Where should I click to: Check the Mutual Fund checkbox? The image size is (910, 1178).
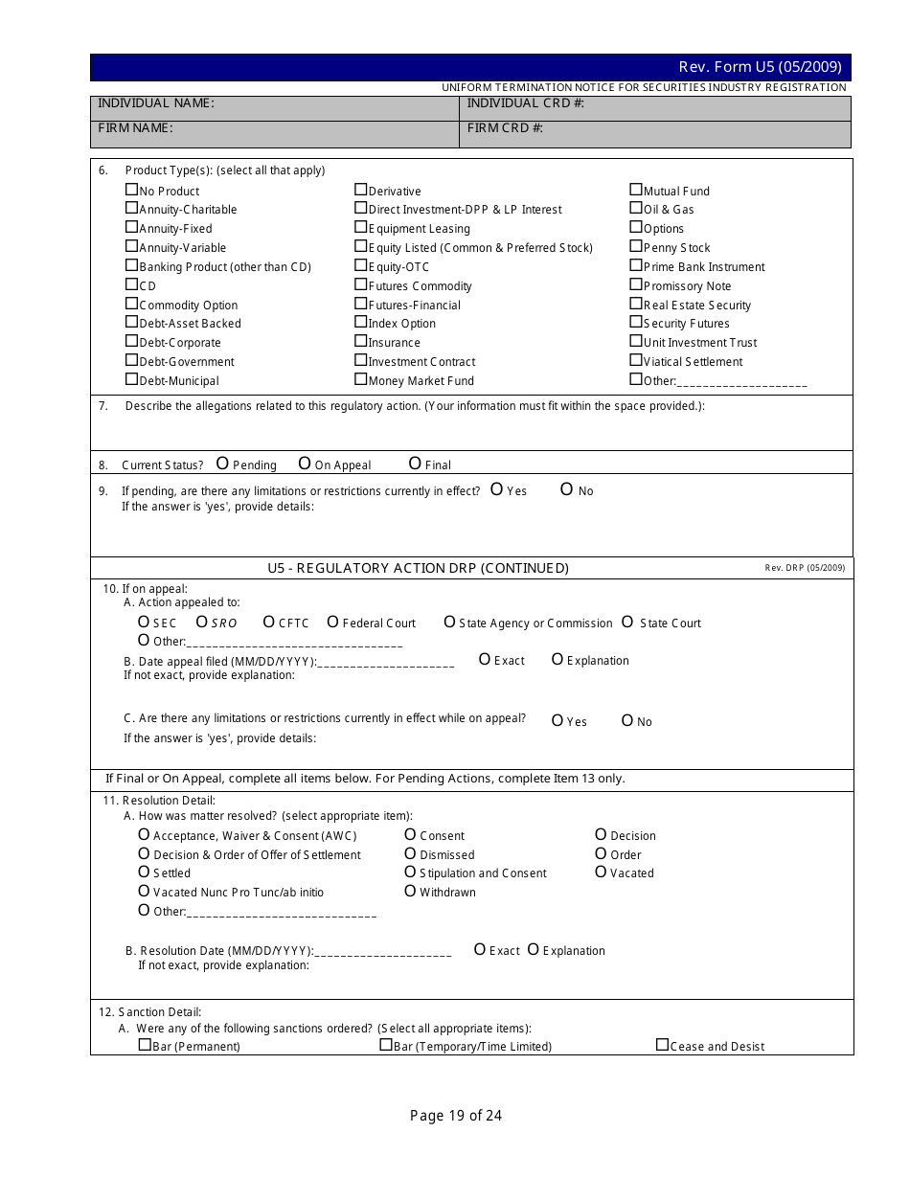pyautogui.click(x=636, y=190)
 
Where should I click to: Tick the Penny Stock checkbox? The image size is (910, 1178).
pyautogui.click(x=636, y=246)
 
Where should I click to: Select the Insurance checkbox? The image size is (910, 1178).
pyautogui.click(x=361, y=341)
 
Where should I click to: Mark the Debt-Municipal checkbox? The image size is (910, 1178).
pyautogui.click(x=131, y=379)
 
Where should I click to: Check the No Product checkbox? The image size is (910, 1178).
pyautogui.click(x=131, y=190)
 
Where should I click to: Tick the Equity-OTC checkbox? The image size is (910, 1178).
pyautogui.click(x=361, y=265)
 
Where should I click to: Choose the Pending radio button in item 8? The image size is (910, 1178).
pyautogui.click(x=222, y=464)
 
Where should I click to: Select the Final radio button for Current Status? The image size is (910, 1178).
pyautogui.click(x=415, y=464)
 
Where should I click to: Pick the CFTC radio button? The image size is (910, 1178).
pyautogui.click(x=269, y=622)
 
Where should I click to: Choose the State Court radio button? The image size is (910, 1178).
pyautogui.click(x=627, y=622)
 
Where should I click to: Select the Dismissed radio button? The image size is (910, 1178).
pyautogui.click(x=410, y=853)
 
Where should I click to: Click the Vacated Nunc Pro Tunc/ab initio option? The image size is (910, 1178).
pyautogui.click(x=144, y=891)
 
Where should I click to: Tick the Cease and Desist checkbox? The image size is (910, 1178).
pyautogui.click(x=662, y=1045)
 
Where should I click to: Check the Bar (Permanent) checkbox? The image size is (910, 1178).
pyautogui.click(x=144, y=1045)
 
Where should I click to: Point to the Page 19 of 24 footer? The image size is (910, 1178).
pyautogui.click(x=456, y=1115)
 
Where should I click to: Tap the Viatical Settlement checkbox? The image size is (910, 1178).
pyautogui.click(x=636, y=360)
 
